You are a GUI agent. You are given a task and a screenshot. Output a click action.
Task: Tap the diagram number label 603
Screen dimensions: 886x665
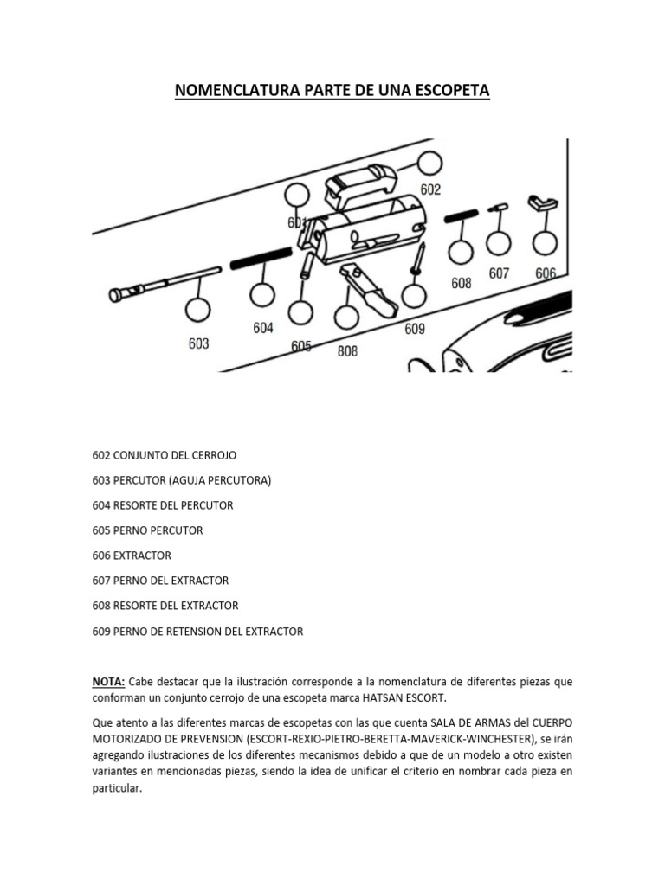[x=198, y=343]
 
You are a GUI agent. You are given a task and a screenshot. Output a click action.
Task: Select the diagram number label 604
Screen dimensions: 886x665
[x=263, y=328]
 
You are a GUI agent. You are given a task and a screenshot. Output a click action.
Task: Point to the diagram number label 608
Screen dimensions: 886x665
[x=462, y=283]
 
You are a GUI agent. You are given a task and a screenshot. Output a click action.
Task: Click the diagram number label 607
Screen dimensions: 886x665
[x=499, y=273]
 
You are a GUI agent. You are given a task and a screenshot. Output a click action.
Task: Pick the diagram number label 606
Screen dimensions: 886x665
[x=546, y=273]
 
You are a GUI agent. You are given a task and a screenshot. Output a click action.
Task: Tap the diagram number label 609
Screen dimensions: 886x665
[x=415, y=329]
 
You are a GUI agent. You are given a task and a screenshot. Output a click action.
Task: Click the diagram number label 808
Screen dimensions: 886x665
[x=347, y=351]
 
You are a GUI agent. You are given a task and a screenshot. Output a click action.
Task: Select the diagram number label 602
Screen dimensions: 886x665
[x=430, y=189]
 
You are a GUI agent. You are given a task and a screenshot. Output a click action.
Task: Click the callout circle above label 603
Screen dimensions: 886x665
[x=197, y=310]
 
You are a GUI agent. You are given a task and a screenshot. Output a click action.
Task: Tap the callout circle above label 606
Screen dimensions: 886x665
[x=545, y=244]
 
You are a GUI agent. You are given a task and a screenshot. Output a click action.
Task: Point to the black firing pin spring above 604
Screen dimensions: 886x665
[x=261, y=258]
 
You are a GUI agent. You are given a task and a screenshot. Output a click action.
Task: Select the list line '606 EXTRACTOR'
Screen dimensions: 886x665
[x=132, y=555]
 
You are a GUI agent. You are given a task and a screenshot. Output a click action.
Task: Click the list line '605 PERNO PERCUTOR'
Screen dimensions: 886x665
[x=147, y=530]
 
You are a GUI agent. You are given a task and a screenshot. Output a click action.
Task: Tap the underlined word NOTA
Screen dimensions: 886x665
[x=108, y=682]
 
